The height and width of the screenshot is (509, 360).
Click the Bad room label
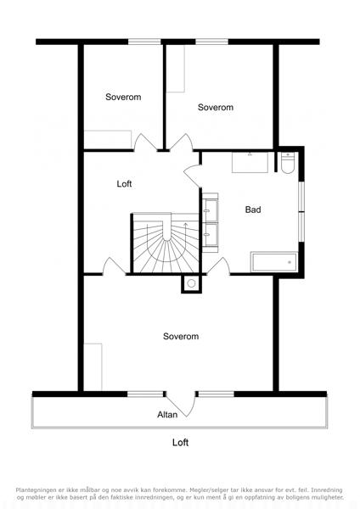tap(253, 210)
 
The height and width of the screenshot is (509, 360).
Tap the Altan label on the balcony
tap(167, 415)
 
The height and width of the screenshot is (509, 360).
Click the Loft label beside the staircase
tap(124, 184)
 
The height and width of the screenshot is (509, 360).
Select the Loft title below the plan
tap(180, 443)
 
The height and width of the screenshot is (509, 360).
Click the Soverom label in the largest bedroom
tap(181, 336)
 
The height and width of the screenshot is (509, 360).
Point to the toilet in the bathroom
tap(288, 163)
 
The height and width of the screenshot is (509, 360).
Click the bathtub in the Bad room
tap(273, 262)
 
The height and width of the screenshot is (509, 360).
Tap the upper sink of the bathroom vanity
tap(210, 210)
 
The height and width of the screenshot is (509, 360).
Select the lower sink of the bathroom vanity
tap(210, 234)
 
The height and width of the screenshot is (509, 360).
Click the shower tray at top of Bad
tap(250, 162)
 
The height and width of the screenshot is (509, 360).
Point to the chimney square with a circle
tap(191, 283)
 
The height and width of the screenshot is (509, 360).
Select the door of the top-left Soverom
tap(145, 143)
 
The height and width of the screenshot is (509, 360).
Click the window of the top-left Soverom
tap(144, 42)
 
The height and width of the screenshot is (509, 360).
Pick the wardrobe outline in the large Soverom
tap(93, 366)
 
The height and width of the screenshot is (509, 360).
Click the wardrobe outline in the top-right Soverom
tap(176, 69)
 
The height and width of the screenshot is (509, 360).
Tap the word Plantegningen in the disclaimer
tap(36, 489)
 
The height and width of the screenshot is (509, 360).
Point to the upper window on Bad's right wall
tap(301, 196)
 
